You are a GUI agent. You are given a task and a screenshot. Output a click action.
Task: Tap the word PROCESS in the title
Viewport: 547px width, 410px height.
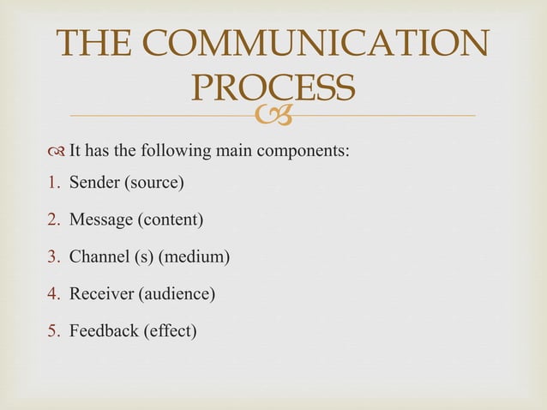[273, 87]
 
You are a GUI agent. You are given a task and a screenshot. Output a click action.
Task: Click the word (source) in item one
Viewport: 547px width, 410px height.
[157, 183]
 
